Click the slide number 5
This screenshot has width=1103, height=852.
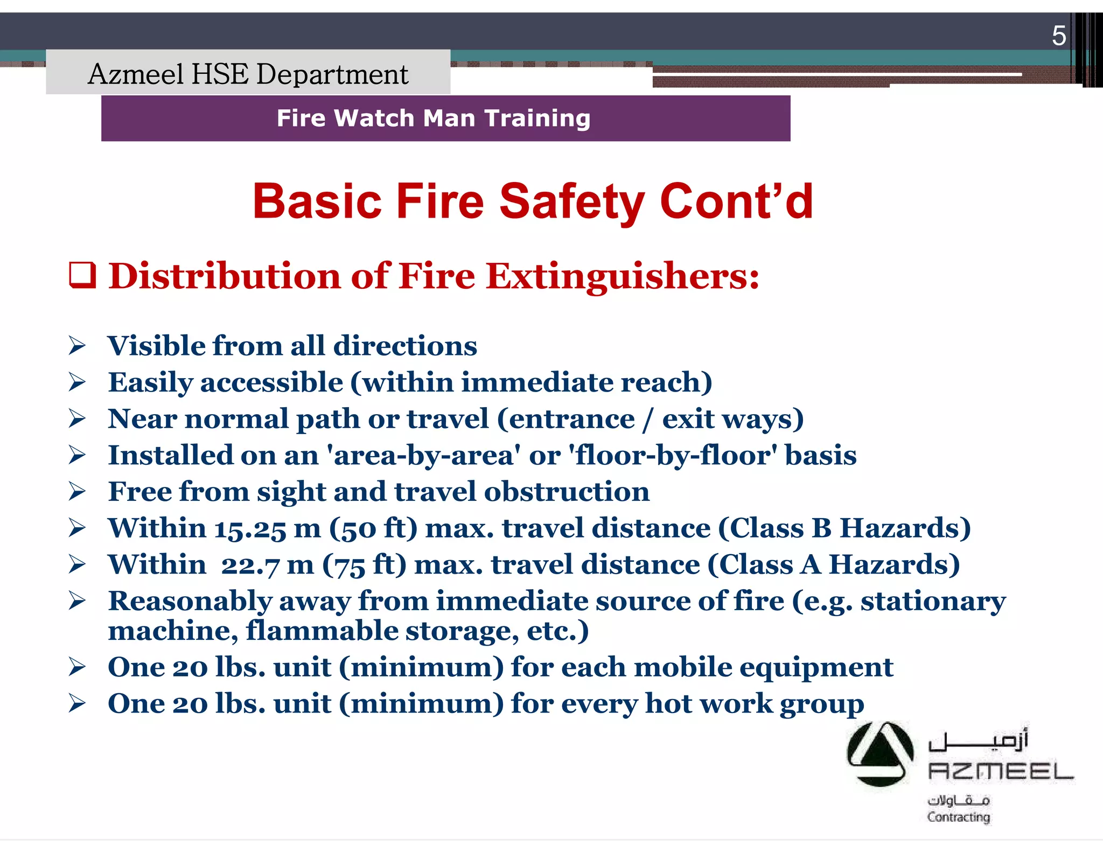1058,36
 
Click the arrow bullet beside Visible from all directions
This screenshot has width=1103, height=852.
77,346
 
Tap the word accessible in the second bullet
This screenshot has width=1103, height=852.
271,382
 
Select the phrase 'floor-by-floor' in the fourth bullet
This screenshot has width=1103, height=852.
673,455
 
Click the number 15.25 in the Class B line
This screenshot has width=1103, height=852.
250,529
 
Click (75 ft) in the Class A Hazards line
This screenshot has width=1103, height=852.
364,565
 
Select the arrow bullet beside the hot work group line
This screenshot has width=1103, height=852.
77,703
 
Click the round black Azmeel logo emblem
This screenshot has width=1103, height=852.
879,753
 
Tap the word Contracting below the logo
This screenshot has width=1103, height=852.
958,817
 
